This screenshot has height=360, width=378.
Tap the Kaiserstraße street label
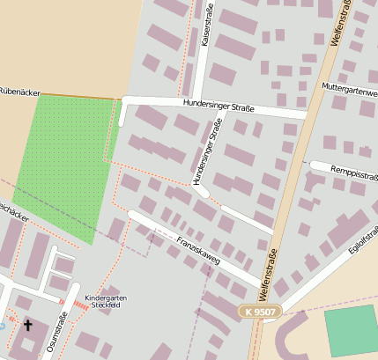(206, 25)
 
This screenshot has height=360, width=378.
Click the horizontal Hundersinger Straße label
(219, 107)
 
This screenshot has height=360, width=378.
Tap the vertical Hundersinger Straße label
(205, 152)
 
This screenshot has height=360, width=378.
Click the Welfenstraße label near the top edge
(338, 23)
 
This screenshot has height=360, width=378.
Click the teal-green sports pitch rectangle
(350, 329)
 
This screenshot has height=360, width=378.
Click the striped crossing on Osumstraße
(78, 305)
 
